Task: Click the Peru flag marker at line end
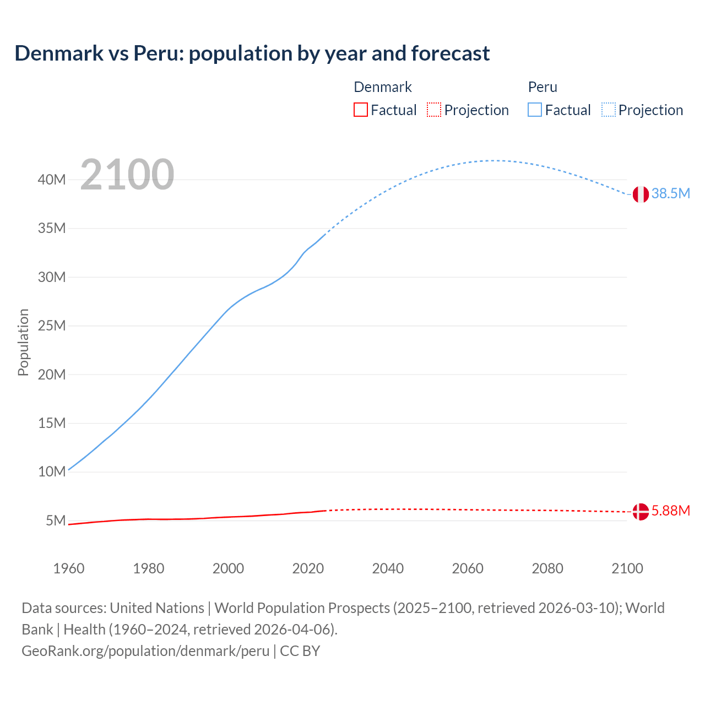[x=640, y=194]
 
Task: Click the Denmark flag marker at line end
[x=640, y=512]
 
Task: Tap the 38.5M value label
[x=670, y=193]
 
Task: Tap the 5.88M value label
[x=670, y=511]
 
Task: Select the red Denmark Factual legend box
[x=360, y=110]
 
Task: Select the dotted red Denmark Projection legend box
[x=434, y=110]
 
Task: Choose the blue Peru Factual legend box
[x=534, y=110]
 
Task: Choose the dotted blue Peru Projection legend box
[x=609, y=110]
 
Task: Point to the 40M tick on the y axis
[x=52, y=180]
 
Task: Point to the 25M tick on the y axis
[x=52, y=326]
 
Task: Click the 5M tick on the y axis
[x=56, y=520]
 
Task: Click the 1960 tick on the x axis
[x=69, y=568]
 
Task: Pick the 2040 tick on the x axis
[x=388, y=568]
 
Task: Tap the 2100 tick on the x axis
[x=627, y=568]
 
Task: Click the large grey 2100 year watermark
[x=127, y=175]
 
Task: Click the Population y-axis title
[x=23, y=342]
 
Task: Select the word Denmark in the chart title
[x=59, y=53]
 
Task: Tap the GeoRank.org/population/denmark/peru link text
[x=145, y=651]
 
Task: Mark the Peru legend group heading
[x=543, y=87]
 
